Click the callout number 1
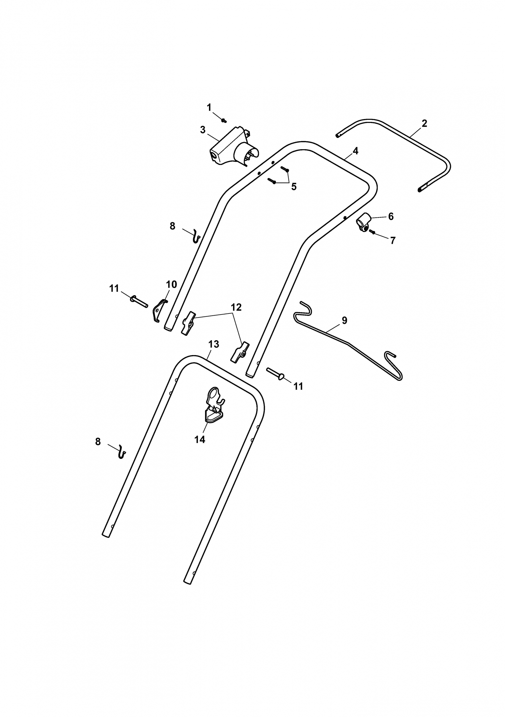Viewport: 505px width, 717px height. click(209, 108)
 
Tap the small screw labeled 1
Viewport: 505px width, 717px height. click(224, 120)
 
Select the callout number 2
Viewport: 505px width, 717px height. click(424, 123)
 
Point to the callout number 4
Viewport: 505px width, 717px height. click(355, 151)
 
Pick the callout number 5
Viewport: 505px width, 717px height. click(294, 187)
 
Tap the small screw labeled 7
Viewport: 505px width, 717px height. click(372, 232)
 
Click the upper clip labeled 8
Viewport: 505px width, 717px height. click(196, 236)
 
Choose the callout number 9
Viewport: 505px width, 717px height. click(344, 320)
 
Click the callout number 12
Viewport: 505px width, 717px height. click(236, 307)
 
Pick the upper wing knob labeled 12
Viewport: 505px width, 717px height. click(188, 323)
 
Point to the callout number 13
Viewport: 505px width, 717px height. click(214, 344)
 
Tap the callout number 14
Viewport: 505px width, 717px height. click(200, 440)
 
